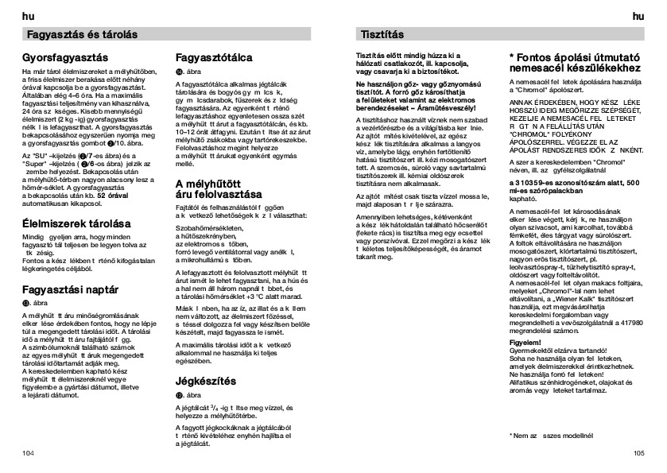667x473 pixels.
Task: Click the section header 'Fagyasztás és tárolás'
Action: click(83, 35)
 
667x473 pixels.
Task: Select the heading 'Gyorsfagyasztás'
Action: click(65, 60)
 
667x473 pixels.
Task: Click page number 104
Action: click(29, 452)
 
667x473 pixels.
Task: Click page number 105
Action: click(638, 452)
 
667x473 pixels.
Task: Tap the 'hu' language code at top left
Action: click(28, 15)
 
